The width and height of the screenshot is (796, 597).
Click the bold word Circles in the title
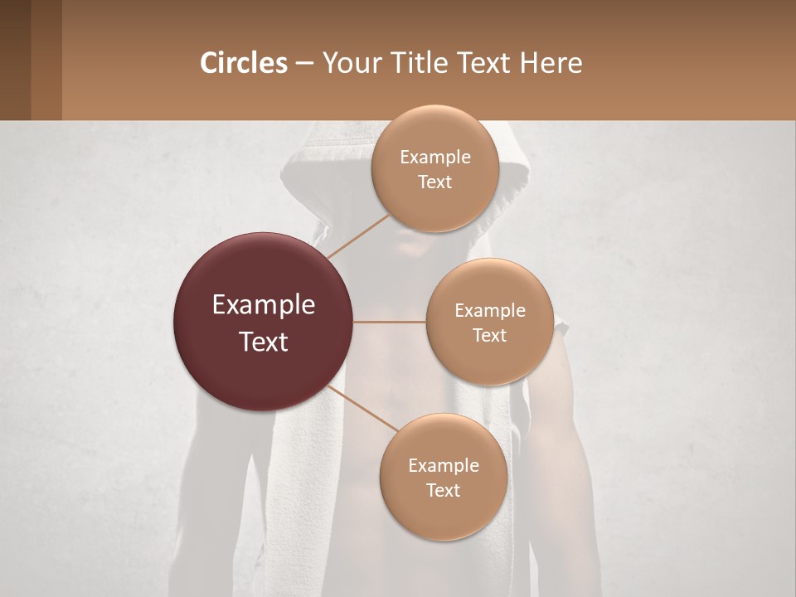pyautogui.click(x=244, y=63)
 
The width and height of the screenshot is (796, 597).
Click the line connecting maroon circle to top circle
pyautogui.click(x=358, y=235)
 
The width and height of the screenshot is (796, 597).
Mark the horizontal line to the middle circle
pyautogui.click(x=390, y=322)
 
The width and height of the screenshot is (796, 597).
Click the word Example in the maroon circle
pyautogui.click(x=264, y=305)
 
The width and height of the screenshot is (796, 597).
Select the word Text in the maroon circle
pyautogui.click(x=264, y=342)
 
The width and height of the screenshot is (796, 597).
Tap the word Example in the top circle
pyautogui.click(x=434, y=158)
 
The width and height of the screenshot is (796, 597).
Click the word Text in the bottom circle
pyautogui.click(x=443, y=490)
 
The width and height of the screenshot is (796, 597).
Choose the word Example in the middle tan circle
pyautogui.click(x=489, y=311)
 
